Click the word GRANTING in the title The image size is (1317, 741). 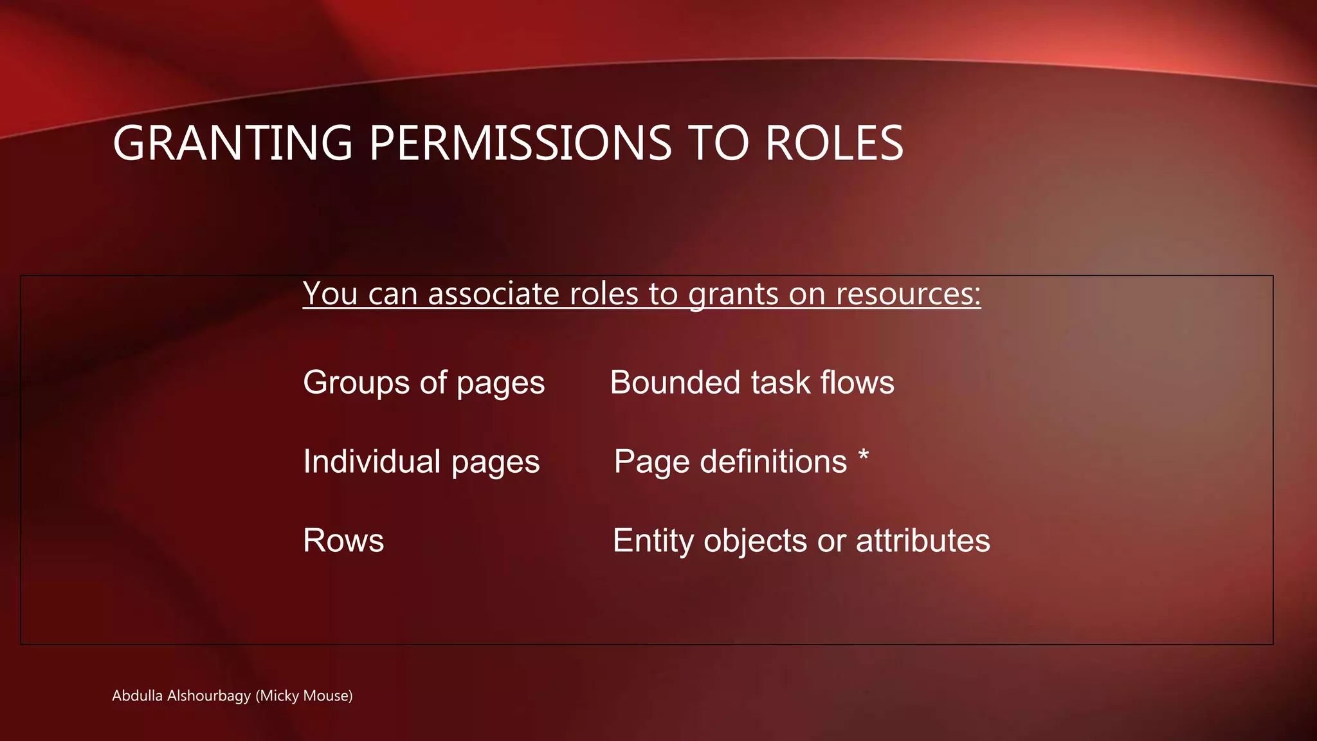233,143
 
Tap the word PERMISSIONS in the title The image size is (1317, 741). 520,143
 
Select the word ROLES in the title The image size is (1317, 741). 834,143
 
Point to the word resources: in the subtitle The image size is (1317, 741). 908,294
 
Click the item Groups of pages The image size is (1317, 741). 424,383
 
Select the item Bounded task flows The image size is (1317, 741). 752,383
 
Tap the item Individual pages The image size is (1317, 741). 421,462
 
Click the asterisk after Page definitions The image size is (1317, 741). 864,457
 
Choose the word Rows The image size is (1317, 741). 343,540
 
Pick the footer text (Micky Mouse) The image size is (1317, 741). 304,695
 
